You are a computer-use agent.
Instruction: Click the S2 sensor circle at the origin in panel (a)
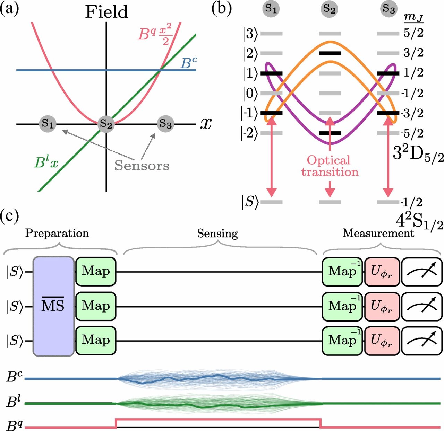pyautogui.click(x=106, y=124)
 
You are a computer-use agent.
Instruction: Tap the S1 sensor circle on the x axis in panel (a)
pyautogui.click(x=48, y=123)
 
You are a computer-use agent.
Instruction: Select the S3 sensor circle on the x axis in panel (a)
pyautogui.click(x=165, y=123)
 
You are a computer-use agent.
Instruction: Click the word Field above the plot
pyautogui.click(x=106, y=12)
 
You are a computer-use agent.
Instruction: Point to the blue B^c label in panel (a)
pyautogui.click(x=189, y=63)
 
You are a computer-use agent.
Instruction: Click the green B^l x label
pyautogui.click(x=46, y=162)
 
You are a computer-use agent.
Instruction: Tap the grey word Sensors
pyautogui.click(x=142, y=166)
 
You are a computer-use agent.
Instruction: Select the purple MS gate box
pyautogui.click(x=53, y=306)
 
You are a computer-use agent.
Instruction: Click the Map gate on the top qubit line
pyautogui.click(x=96, y=271)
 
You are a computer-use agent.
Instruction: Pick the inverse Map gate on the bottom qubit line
pyautogui.click(x=342, y=340)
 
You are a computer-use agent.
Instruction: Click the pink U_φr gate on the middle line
pyautogui.click(x=382, y=306)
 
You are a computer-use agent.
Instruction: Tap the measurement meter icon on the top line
pyautogui.click(x=421, y=271)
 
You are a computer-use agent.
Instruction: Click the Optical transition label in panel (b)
pyautogui.click(x=330, y=166)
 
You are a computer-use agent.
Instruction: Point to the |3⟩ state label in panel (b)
pyautogui.click(x=250, y=34)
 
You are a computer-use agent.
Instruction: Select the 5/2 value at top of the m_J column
pyautogui.click(x=413, y=34)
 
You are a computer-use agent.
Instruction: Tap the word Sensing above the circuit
pyautogui.click(x=217, y=234)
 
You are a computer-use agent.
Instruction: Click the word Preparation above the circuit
pyautogui.click(x=57, y=233)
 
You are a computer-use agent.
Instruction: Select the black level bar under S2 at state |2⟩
pyautogui.click(x=330, y=53)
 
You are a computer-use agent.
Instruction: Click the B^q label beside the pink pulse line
pyautogui.click(x=14, y=425)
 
